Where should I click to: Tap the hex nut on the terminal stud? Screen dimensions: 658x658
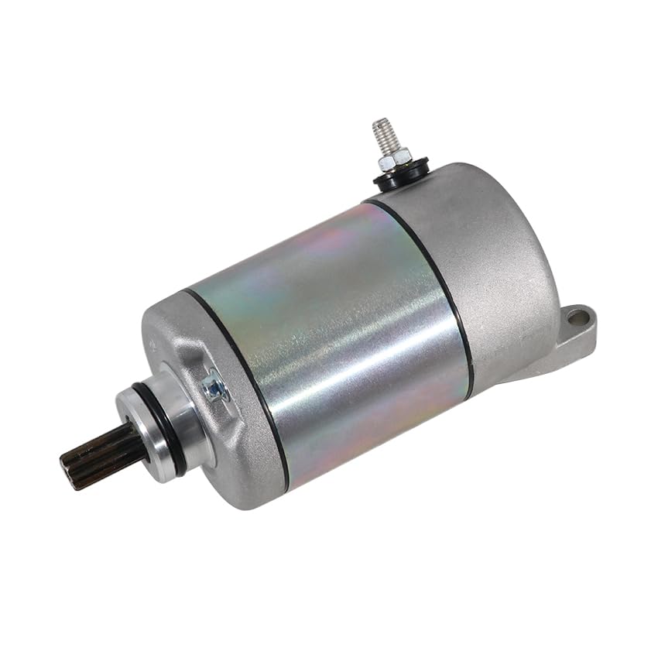coord(392,159)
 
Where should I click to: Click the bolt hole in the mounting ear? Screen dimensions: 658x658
coord(574,317)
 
